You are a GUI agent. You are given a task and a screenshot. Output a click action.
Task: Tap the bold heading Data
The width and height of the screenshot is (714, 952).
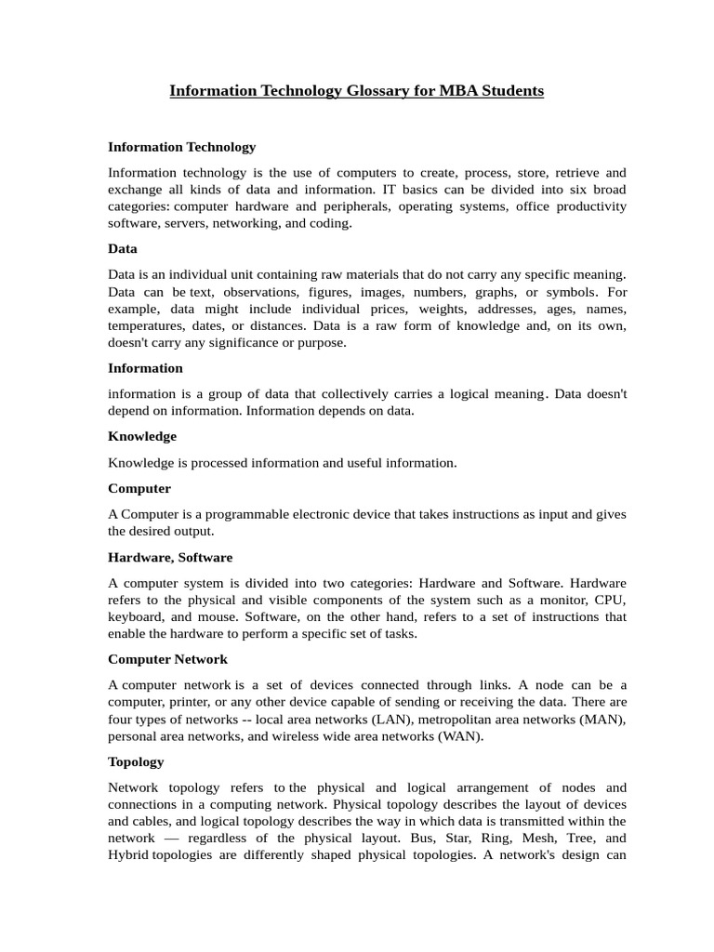(x=123, y=248)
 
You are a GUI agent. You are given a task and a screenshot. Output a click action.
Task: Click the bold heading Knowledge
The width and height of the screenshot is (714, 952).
(x=142, y=436)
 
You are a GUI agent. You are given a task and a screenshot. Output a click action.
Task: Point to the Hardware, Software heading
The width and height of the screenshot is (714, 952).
(x=170, y=557)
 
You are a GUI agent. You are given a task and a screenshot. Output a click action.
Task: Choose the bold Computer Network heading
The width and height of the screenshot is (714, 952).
(x=167, y=659)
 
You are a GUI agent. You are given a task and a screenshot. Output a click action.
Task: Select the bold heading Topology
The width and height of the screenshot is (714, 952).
(x=136, y=761)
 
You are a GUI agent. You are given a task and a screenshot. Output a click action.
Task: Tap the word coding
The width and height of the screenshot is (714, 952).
(x=333, y=223)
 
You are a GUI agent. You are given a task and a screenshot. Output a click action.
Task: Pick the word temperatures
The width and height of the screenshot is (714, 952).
(x=146, y=325)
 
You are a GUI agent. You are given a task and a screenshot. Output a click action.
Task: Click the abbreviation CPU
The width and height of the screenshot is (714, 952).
(x=610, y=600)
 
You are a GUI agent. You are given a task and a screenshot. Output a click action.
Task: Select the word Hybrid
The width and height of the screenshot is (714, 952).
(x=128, y=854)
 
